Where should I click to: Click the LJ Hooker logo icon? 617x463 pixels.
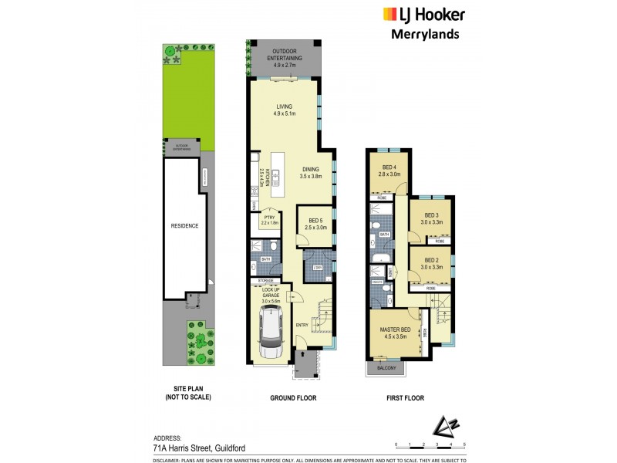coord(389,15)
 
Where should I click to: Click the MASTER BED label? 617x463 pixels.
coord(395,330)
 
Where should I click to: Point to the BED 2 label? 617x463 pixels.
coord(430,260)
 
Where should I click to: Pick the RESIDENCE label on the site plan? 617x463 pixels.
coord(184,226)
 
